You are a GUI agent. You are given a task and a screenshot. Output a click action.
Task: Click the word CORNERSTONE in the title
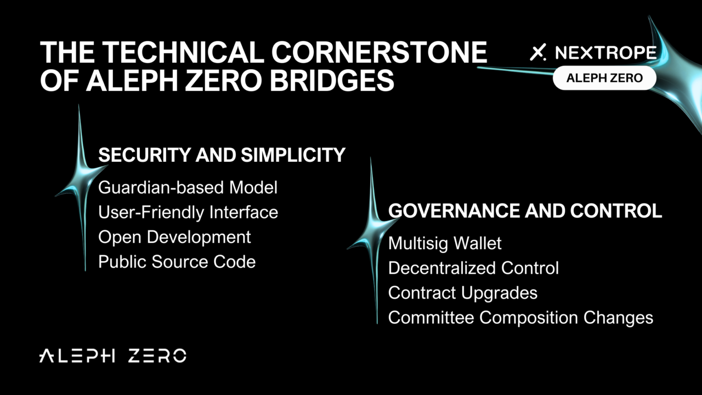pos(379,52)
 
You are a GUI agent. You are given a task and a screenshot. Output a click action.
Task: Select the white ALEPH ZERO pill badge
pos(604,78)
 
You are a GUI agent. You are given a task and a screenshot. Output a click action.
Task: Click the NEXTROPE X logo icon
pos(538,52)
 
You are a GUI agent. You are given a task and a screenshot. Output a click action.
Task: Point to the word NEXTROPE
pos(605,52)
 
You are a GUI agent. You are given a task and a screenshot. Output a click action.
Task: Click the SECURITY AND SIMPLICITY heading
pos(222,155)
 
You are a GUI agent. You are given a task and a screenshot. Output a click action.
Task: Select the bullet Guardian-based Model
pos(188,188)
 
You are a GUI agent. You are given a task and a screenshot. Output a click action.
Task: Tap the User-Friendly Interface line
pos(188,212)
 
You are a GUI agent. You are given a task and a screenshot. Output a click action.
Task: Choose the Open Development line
pos(174,237)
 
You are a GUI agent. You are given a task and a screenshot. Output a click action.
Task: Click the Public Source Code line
pos(177,262)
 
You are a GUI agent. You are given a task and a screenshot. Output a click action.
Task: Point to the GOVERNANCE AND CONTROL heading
pos(525,210)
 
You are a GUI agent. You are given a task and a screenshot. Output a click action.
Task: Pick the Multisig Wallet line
pos(445,244)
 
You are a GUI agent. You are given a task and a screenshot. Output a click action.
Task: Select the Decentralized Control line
pos(473,268)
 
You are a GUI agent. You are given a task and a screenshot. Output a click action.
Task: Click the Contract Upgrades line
pos(463,293)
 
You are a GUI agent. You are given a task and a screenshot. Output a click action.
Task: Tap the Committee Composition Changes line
pos(520,318)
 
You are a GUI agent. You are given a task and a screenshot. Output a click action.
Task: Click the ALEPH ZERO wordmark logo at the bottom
pos(113,356)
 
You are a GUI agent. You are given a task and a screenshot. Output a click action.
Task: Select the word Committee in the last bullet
pos(431,317)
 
